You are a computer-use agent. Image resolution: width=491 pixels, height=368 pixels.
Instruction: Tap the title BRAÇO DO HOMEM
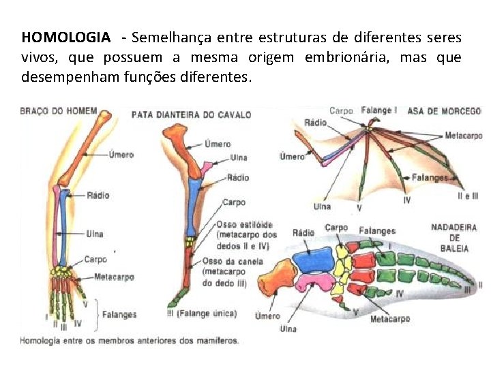tap(57, 110)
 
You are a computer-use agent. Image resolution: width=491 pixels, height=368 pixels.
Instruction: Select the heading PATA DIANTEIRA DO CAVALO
tap(191, 114)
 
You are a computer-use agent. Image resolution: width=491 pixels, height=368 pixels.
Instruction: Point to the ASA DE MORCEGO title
tap(444, 111)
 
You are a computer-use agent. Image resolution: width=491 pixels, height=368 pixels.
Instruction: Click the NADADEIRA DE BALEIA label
tap(453, 238)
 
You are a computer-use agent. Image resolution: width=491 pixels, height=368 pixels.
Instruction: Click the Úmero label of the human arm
tap(121, 155)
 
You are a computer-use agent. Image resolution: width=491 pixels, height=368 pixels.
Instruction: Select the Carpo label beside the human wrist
tap(95, 259)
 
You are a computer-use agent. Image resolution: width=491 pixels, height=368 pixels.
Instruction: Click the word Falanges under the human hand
tap(119, 315)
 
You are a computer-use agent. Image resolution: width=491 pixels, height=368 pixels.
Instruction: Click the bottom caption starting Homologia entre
tap(130, 340)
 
